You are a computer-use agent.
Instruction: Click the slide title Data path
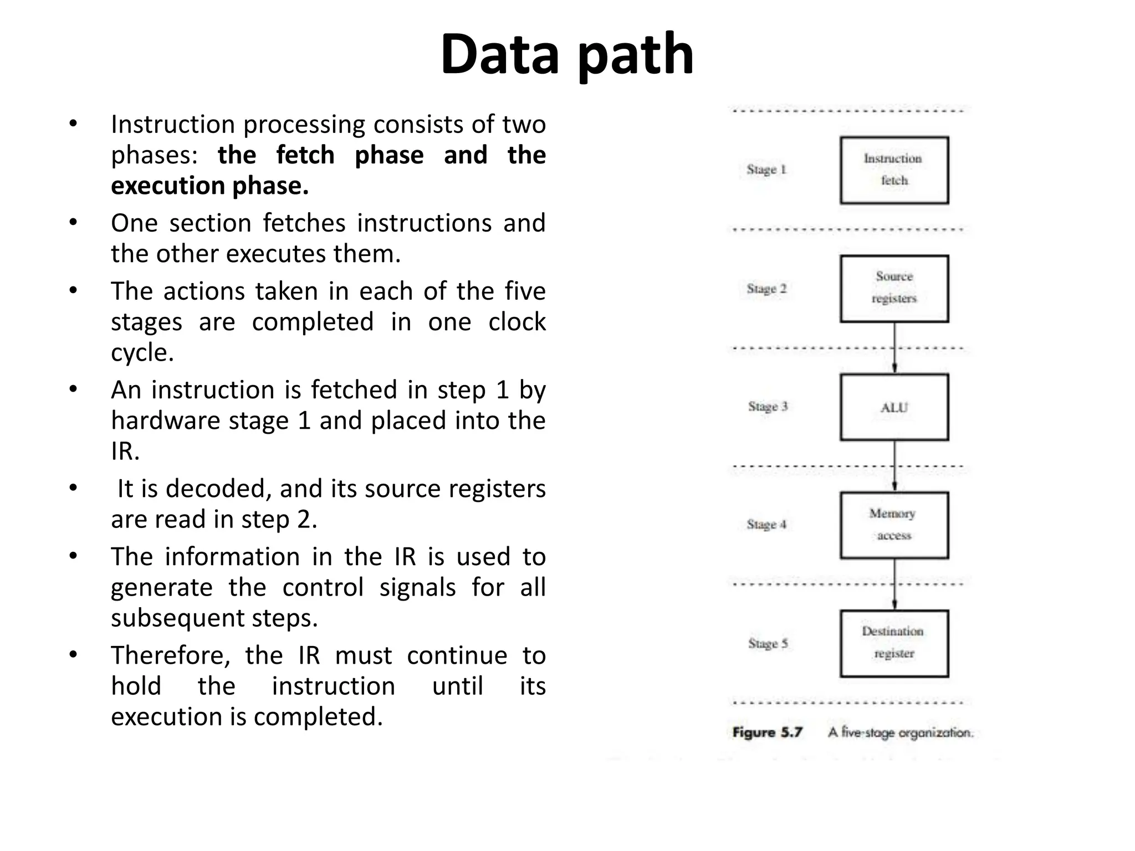[x=566, y=54]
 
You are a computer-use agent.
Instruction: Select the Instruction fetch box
[x=893, y=170]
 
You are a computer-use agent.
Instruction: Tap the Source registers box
[x=893, y=288]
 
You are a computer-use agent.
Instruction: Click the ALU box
[x=893, y=407]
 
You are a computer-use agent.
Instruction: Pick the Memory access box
[x=893, y=525]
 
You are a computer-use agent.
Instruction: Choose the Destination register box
[x=893, y=643]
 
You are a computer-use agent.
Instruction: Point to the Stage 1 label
[x=766, y=170]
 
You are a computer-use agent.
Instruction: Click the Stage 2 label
[x=766, y=289]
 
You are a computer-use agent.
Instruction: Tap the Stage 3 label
[x=768, y=407]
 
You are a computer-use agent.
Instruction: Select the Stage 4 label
[x=766, y=525]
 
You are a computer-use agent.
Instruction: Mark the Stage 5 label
[x=768, y=643]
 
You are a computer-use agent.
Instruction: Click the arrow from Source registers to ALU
[x=894, y=348]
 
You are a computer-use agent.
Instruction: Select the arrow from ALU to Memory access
[x=894, y=466]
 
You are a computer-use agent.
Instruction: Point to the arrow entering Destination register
[x=894, y=585]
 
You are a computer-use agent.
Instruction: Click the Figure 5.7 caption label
[x=767, y=732]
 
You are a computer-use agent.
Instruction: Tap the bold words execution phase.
[x=209, y=186]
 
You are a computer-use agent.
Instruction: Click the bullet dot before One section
[x=73, y=223]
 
